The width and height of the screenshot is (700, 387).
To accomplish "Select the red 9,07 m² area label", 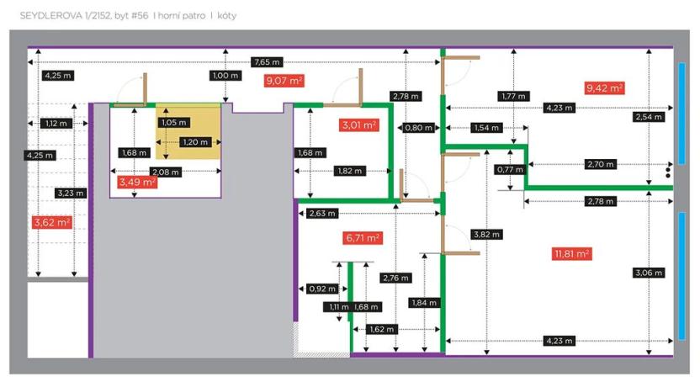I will coord(284,81).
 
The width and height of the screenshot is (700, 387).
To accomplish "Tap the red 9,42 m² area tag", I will coord(604,87).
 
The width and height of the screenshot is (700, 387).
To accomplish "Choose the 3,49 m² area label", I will coord(137,182).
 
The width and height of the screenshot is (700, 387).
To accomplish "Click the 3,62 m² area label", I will coord(52,222).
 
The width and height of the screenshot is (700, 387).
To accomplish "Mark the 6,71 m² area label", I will coord(363,238).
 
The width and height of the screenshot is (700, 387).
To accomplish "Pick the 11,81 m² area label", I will coord(570,252).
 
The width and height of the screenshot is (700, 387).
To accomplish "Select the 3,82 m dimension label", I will coord(485,236).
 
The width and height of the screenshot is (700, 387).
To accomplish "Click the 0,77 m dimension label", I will coord(506,170).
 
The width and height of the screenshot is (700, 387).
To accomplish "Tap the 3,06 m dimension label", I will coord(648,273).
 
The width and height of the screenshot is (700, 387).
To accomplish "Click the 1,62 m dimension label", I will coord(381,330).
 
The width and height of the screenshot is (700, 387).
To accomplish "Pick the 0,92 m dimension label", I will coord(321,289).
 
